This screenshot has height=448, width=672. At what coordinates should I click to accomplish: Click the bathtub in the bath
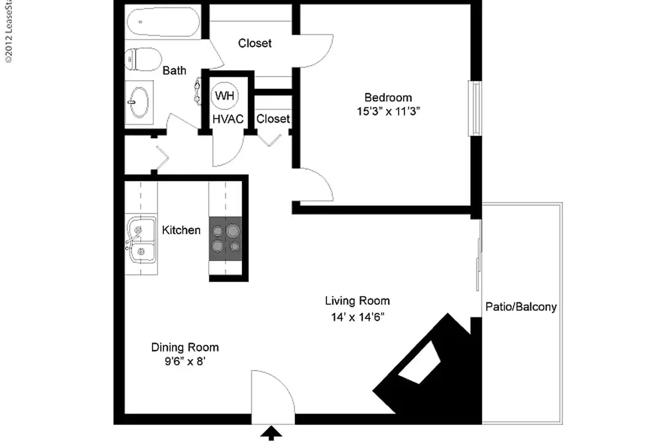[x=163, y=21]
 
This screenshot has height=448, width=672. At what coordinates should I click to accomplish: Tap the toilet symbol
[x=143, y=59]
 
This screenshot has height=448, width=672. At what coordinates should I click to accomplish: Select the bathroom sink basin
[x=139, y=102]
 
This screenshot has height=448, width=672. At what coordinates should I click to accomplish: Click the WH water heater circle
[x=225, y=96]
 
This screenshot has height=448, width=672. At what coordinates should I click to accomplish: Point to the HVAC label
[x=228, y=119]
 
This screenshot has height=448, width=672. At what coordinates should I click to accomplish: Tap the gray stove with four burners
[x=225, y=239]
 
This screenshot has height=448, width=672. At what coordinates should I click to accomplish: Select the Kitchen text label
[x=181, y=230]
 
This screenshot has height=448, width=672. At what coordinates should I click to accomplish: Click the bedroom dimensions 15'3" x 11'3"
[x=388, y=111]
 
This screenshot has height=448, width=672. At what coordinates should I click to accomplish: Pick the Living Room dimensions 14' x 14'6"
[x=357, y=317]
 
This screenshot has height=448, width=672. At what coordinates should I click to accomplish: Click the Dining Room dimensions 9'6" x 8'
[x=185, y=361]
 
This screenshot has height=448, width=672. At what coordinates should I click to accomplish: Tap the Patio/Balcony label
[x=521, y=307]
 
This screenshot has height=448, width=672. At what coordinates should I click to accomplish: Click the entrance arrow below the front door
[x=271, y=433]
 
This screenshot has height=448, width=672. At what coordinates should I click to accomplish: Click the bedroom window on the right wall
[x=475, y=108]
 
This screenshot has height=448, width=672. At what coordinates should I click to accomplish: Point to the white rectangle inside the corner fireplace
[x=419, y=363]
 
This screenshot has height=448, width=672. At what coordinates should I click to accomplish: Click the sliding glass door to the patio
[x=479, y=255]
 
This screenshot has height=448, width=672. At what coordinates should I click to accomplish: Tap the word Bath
[x=174, y=71]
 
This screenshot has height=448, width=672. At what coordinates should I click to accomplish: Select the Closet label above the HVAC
[x=254, y=43]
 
